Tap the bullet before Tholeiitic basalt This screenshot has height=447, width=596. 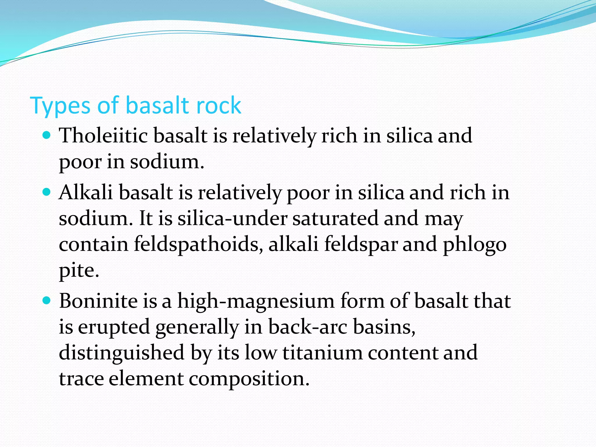coord(47,135)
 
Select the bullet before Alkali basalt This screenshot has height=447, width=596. coord(47,192)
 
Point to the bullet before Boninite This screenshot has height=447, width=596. coord(47,300)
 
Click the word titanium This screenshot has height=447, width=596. coord(322,352)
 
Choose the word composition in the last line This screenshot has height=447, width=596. coord(249,379)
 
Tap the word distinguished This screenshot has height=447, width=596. coord(122,353)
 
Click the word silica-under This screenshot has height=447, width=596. coord(233,218)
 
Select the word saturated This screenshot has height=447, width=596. coord(335,218)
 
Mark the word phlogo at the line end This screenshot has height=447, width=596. coord(475,244)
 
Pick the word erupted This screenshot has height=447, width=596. coord(114,327)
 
